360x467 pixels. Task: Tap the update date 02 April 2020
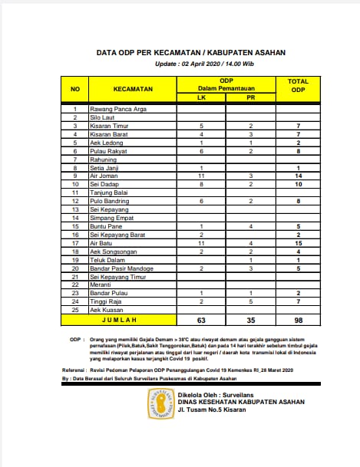(193, 64)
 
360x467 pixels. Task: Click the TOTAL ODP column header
(298, 85)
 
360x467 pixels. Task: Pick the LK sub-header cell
(201, 97)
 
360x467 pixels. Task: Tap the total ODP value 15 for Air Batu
(298, 242)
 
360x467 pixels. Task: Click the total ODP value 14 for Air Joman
(298, 176)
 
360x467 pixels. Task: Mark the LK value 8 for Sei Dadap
(201, 184)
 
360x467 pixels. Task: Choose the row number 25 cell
(75, 310)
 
